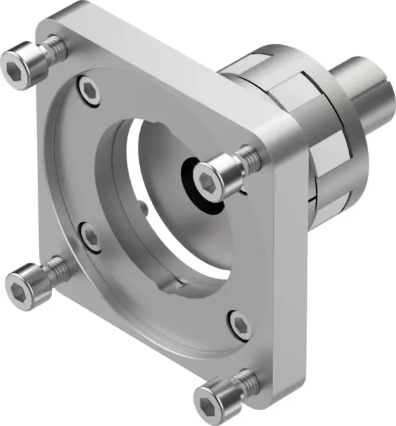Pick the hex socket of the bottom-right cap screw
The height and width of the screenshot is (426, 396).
tap(208, 402)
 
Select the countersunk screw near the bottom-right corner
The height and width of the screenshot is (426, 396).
tap(241, 322)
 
